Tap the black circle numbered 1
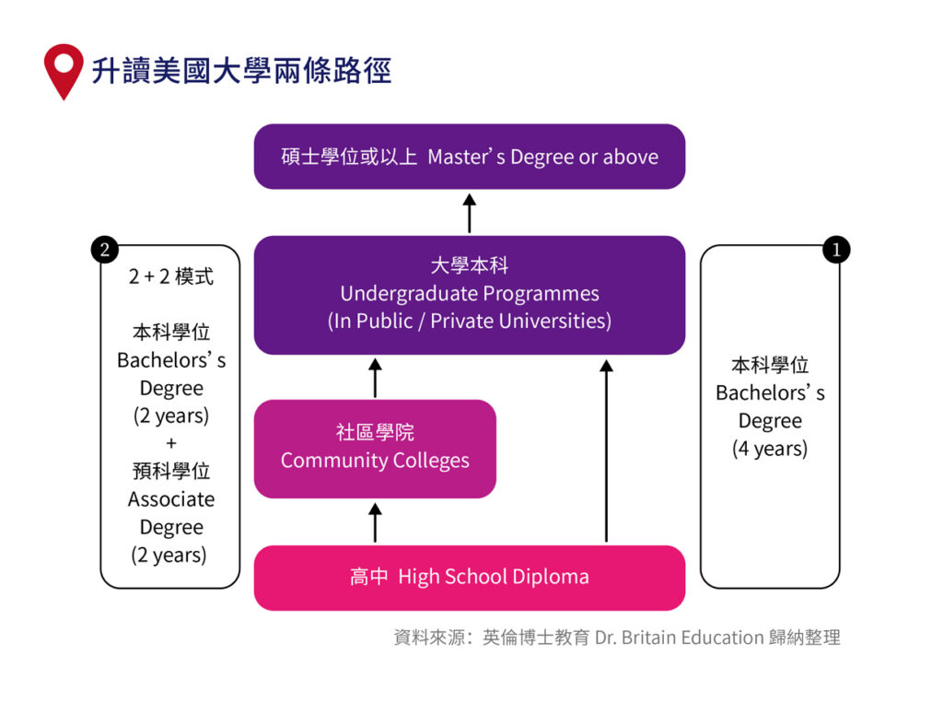point(835,250)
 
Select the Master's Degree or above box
point(470,157)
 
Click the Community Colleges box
point(375,449)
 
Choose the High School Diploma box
point(470,578)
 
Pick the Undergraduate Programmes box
point(470,295)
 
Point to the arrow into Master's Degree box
point(470,213)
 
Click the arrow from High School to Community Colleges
point(375,522)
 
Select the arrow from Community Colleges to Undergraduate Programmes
point(375,378)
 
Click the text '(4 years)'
point(770,449)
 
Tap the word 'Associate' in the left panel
point(171,499)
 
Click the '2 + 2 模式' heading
point(171,276)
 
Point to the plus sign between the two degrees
point(171,443)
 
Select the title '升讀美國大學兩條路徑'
point(241,71)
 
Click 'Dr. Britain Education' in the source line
point(680,637)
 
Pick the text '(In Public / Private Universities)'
point(470,322)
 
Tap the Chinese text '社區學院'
point(375,432)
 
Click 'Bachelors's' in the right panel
point(770,392)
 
